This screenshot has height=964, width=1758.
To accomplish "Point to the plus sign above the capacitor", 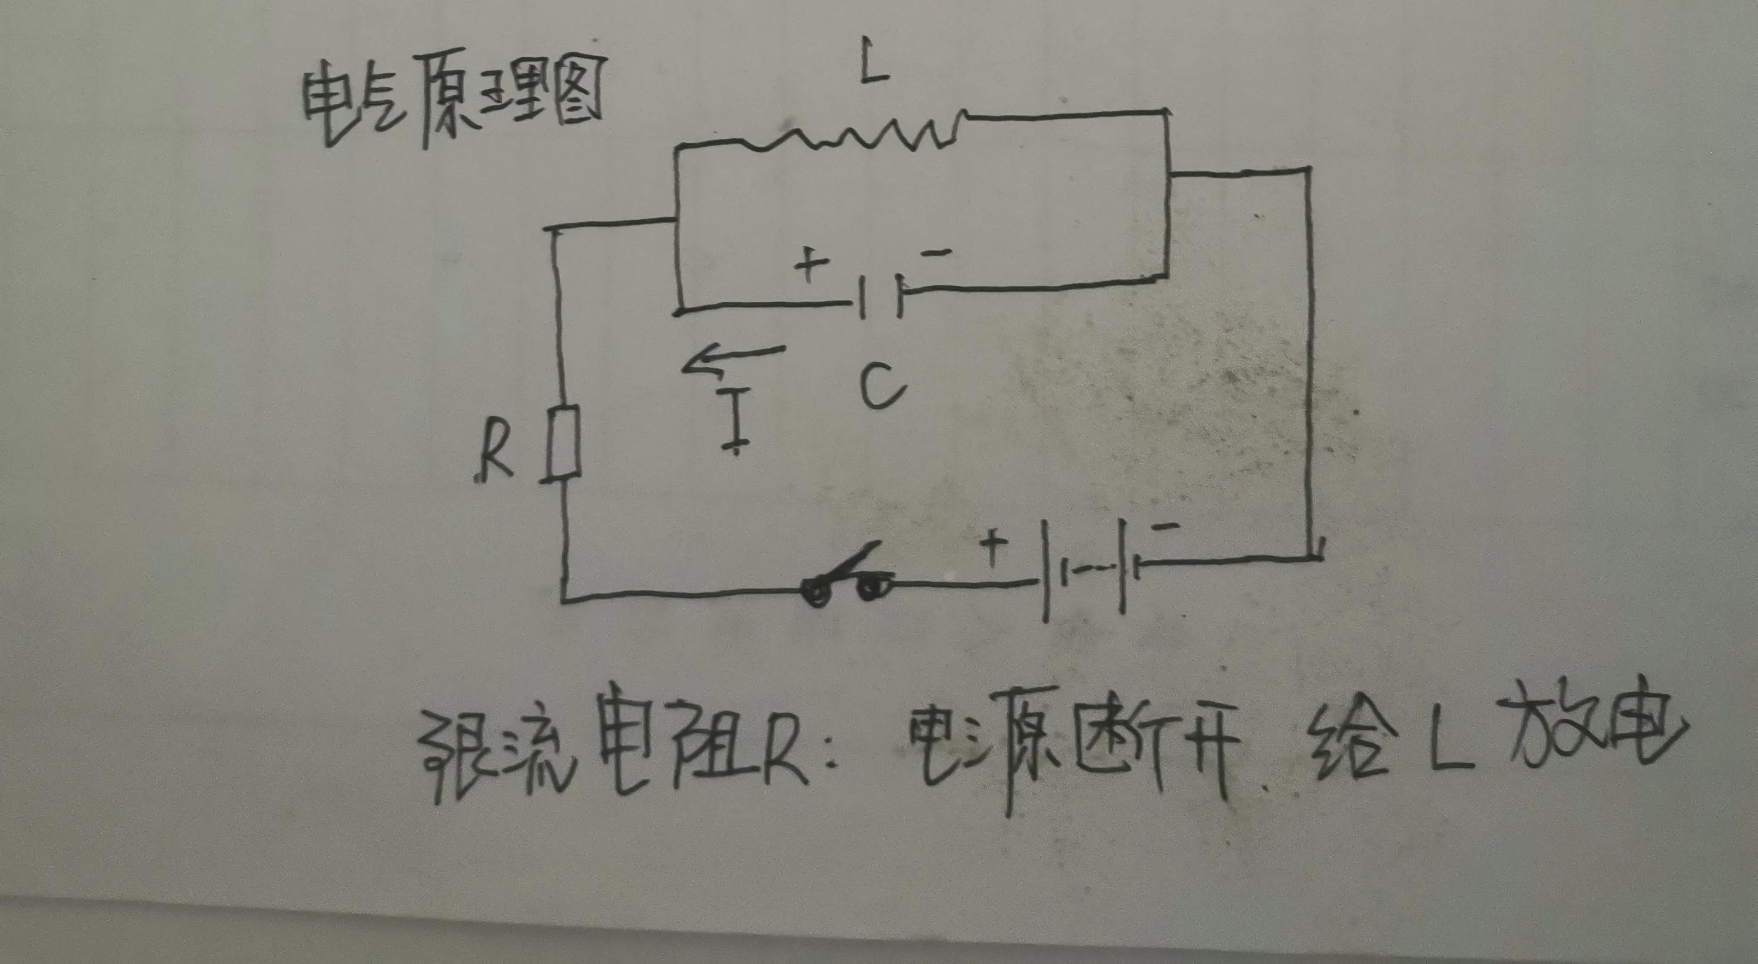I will click(810, 265).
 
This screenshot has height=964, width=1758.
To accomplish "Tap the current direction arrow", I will click(734, 360).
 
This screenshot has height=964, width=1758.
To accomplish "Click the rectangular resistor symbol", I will click(565, 443).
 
